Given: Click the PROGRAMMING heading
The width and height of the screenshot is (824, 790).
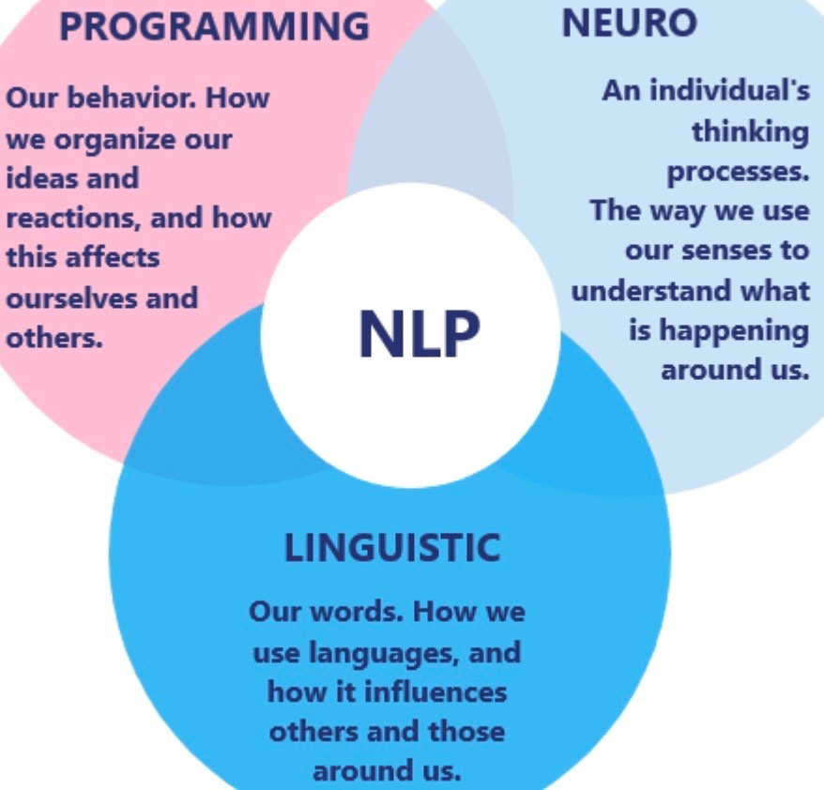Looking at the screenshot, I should click(x=214, y=26).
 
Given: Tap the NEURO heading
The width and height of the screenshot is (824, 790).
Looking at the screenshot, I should click(x=629, y=23).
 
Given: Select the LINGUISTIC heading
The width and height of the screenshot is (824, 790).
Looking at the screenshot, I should click(x=392, y=548).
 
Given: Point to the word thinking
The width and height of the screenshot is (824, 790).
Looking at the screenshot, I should click(x=750, y=131).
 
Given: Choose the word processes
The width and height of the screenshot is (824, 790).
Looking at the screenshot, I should click(x=738, y=172).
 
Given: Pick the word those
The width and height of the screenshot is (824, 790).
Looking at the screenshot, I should click(x=469, y=731).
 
